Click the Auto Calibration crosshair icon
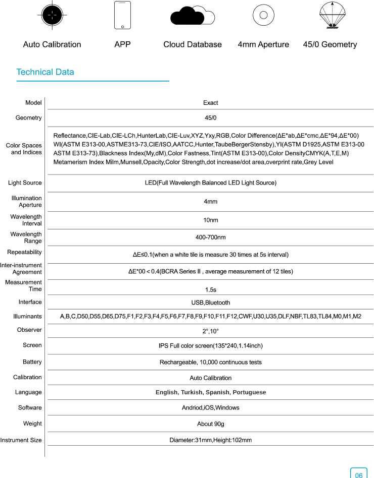tap(52, 15)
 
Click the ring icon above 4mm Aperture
tap(263, 15)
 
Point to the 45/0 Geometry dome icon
tap(330, 16)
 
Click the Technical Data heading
tap(45, 72)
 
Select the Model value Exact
tap(210, 103)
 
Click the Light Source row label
tap(25, 183)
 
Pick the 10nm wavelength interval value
tap(210, 220)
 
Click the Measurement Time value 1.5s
tap(210, 290)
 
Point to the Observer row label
tap(30, 330)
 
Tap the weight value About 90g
tap(210, 424)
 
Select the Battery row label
tap(32, 362)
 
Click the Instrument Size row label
tap(21, 440)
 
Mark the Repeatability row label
tap(24, 252)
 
